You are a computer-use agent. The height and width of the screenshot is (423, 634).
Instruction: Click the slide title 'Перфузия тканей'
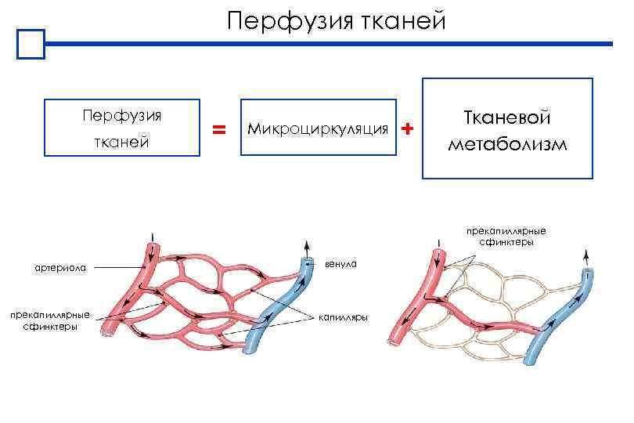coord(336,20)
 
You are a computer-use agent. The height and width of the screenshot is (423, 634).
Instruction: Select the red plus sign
coord(405,128)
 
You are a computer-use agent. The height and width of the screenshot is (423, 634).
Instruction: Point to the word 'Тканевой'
coord(507,118)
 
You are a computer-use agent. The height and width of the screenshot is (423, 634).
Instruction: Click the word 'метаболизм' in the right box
coord(507,146)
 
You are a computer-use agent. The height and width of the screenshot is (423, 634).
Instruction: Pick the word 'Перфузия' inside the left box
coord(122,116)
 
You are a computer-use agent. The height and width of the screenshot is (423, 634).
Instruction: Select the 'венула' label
coord(339,265)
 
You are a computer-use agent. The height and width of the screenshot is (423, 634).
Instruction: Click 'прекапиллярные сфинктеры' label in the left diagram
coord(49,320)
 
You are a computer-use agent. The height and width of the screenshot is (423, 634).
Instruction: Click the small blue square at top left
coord(32,45)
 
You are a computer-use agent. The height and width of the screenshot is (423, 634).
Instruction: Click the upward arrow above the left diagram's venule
coord(306,246)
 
